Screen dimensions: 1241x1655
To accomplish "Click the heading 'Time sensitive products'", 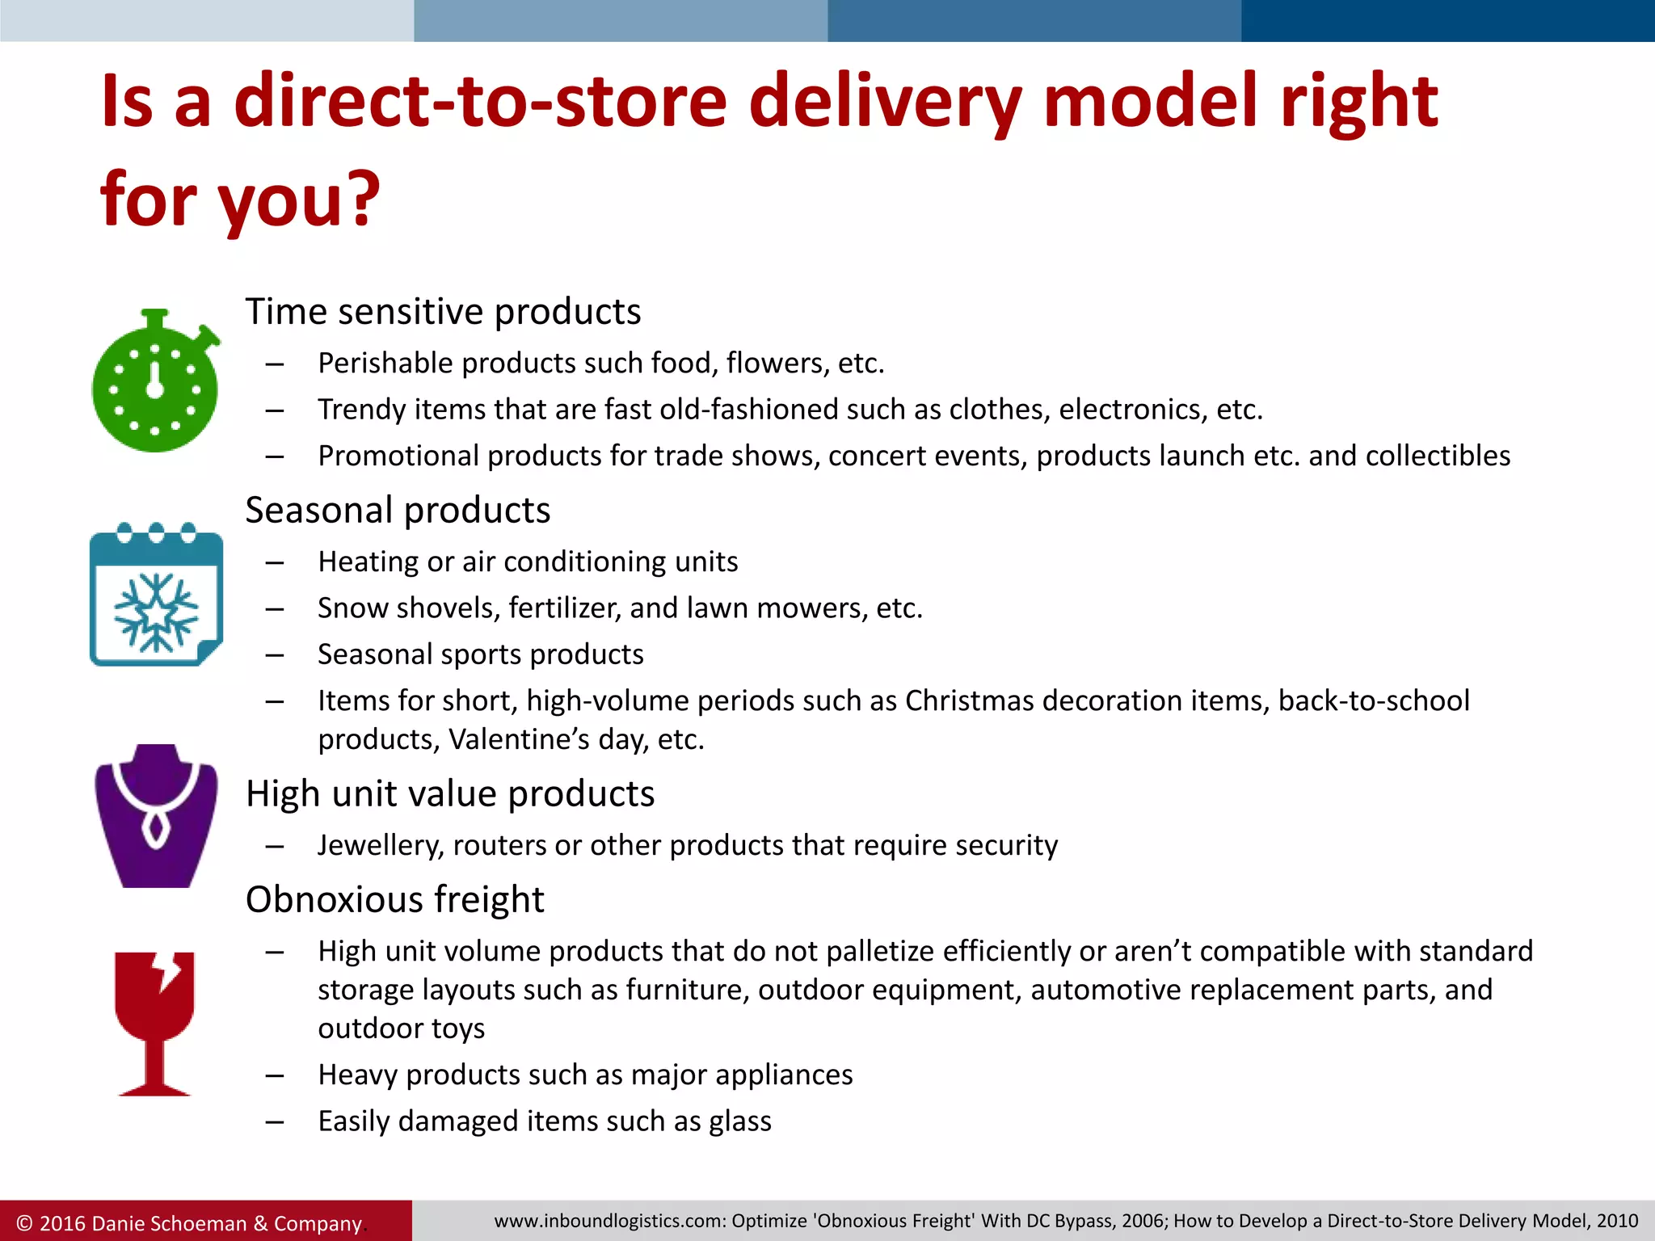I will tap(443, 312).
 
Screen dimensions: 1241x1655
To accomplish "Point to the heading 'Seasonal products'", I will tap(398, 511).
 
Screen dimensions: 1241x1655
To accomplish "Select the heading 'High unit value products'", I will tap(449, 794).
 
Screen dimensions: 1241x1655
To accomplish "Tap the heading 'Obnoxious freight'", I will tap(394, 900).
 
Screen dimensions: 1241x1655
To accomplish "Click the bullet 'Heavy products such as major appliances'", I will tap(585, 1075).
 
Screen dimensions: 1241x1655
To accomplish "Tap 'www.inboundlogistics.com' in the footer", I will tap(609, 1221).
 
